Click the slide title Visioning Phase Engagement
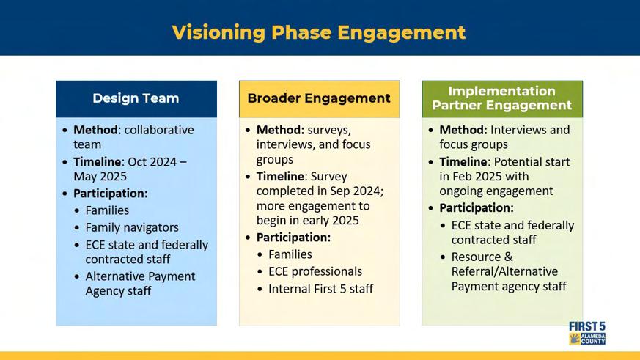319,33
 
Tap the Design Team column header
136,98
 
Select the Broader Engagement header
319,98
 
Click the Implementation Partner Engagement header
502,98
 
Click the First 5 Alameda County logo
587,333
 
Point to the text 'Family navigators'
132,227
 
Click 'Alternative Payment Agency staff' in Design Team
140,284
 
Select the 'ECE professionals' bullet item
315,271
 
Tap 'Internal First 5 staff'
320,289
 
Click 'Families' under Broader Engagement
290,254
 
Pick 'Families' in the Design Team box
107,210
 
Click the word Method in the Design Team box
95,130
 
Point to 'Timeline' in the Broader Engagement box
280,176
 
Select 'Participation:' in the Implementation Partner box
477,207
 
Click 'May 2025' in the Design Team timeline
100,176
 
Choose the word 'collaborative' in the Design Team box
159,130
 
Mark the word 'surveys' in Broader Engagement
329,131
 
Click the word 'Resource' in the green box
476,257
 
